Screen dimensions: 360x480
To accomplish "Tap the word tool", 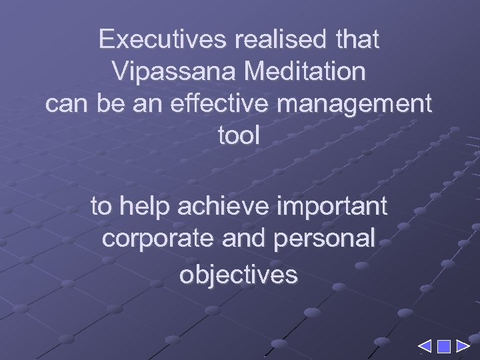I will [x=239, y=137].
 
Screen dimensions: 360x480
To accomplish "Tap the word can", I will [x=65, y=105].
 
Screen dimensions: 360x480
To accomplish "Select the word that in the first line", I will [x=357, y=40].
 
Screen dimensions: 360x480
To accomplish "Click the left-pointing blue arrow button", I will [x=425, y=346].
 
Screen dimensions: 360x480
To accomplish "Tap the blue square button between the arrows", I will [x=443, y=346].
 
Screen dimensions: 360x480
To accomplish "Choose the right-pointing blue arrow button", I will [x=462, y=346].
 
